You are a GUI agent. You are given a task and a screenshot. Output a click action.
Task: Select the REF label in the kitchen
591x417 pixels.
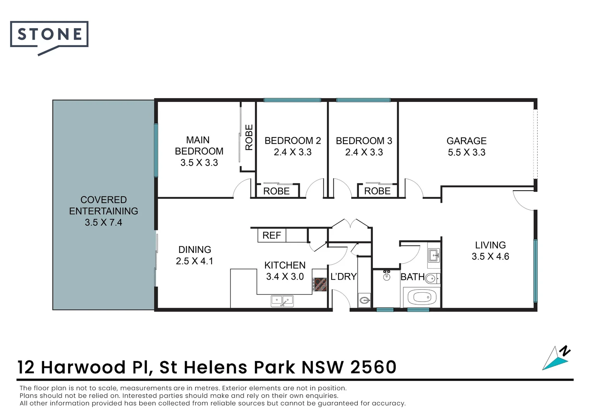272,235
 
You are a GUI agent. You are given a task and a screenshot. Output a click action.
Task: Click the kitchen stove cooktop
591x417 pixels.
319,285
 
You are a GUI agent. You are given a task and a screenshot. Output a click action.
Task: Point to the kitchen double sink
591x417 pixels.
282,300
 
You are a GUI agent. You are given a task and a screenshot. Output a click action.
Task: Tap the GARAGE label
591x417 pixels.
466,141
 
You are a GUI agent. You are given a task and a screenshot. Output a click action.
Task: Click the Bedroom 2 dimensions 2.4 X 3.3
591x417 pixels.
292,152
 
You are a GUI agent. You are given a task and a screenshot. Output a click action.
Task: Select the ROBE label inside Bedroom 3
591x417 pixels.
377,191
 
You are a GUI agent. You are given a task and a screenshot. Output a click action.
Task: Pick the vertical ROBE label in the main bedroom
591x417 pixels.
249,137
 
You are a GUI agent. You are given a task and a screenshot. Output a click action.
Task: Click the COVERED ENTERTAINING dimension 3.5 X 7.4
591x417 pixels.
103,222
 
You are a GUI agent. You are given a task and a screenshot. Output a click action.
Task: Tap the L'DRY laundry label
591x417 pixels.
343,276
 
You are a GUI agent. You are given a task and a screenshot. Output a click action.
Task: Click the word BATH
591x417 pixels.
412,277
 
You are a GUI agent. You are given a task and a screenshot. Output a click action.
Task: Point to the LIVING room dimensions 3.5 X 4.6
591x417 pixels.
490,256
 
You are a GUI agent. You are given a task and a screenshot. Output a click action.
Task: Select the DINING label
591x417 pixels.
195,249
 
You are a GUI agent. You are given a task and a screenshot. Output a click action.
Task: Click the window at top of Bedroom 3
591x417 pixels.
363,100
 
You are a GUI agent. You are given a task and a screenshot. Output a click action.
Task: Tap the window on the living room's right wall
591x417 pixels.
535,270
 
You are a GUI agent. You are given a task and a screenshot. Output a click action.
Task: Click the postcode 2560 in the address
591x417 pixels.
373,367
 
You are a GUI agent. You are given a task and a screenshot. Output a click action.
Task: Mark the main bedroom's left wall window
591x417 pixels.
156,150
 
